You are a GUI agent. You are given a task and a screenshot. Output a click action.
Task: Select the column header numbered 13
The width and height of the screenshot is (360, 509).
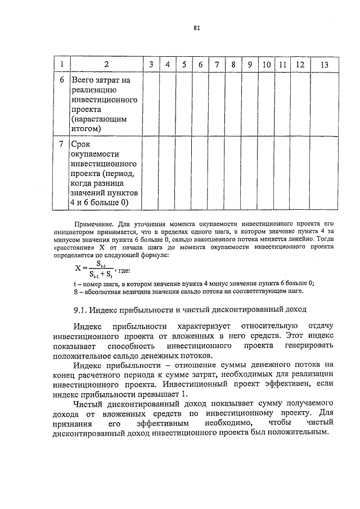(324, 65)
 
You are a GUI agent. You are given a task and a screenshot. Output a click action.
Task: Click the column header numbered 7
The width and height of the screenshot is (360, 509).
(217, 65)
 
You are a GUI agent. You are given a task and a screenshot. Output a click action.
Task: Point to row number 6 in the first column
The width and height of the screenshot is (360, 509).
(61, 80)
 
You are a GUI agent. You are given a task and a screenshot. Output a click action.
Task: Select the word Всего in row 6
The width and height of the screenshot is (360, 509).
(84, 80)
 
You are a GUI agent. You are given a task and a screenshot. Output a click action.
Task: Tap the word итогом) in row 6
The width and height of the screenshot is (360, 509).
(86, 129)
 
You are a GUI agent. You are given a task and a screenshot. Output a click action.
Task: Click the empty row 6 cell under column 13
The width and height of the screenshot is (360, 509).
(324, 105)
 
